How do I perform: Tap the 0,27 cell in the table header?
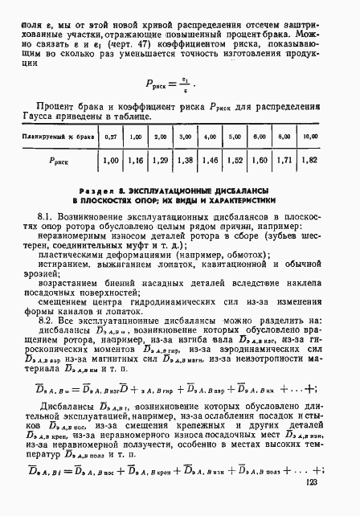click(x=111, y=138)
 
